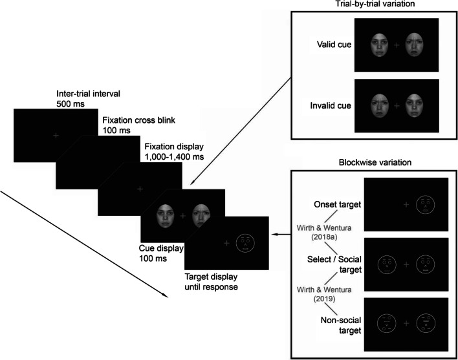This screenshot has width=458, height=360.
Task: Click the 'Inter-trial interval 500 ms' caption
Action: [x=87, y=99]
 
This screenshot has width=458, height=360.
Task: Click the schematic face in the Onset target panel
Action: [x=425, y=204]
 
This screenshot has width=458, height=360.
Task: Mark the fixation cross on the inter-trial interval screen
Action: [x=56, y=135]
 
